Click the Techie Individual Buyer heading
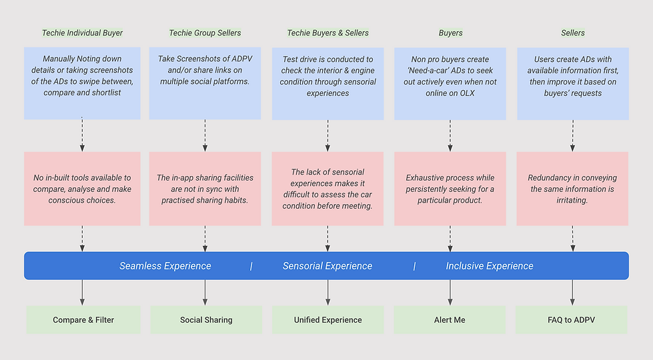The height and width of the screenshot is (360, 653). click(x=82, y=33)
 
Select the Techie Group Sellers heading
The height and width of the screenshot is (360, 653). click(x=205, y=33)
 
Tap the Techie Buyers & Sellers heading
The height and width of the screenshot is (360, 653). click(x=328, y=33)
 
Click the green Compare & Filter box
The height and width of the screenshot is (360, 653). click(x=83, y=320)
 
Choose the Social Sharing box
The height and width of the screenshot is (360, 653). click(x=206, y=320)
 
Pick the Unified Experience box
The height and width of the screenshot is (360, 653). click(x=328, y=320)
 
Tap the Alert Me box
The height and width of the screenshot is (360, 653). click(x=450, y=320)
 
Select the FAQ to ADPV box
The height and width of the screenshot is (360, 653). click(x=572, y=320)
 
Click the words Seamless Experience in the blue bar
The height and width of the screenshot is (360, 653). click(x=165, y=266)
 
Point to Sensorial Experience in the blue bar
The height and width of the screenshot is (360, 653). click(x=328, y=266)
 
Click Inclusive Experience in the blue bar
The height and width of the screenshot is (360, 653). click(x=490, y=266)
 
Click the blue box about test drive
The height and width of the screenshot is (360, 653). click(x=328, y=83)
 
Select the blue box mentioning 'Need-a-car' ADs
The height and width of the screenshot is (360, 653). click(x=450, y=83)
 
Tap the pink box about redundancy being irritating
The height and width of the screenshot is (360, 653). click(x=572, y=189)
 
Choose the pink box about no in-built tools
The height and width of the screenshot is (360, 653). click(x=82, y=189)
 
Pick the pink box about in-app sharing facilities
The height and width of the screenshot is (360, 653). click(x=205, y=189)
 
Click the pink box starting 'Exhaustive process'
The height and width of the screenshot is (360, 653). click(x=450, y=189)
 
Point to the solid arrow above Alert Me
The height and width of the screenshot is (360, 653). click(x=450, y=292)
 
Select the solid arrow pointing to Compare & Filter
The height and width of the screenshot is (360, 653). click(x=82, y=292)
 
